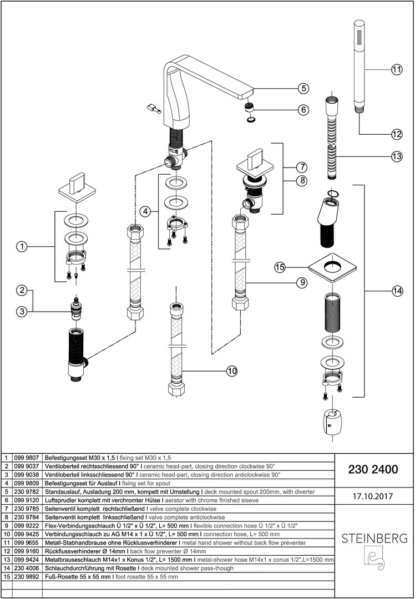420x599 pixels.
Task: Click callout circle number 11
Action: click(396, 70)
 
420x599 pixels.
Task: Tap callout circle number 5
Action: click(303, 88)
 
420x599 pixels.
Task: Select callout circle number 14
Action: click(396, 290)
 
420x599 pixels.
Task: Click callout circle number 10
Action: click(231, 371)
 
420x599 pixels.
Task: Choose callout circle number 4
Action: click(145, 211)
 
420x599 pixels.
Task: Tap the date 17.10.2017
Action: click(372, 496)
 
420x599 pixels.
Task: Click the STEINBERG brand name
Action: click(374, 539)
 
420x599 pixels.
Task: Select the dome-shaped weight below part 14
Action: click(331, 424)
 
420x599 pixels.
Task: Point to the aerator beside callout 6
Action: click(250, 106)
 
